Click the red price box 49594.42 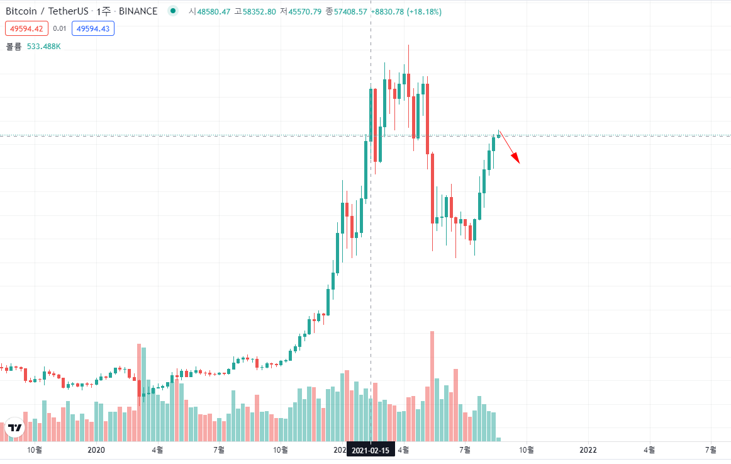tap(26, 28)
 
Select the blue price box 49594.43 tap(93, 28)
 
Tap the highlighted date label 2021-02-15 tap(371, 450)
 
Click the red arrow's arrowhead tap(518, 160)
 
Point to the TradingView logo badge tap(14, 427)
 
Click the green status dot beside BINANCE tap(172, 11)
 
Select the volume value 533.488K tap(43, 46)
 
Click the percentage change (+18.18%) tap(424, 12)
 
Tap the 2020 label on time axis tap(96, 450)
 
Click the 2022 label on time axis tap(588, 450)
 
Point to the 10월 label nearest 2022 tap(526, 450)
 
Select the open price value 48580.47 tap(214, 12)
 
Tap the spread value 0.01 tap(60, 28)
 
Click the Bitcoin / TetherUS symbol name tap(47, 11)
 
